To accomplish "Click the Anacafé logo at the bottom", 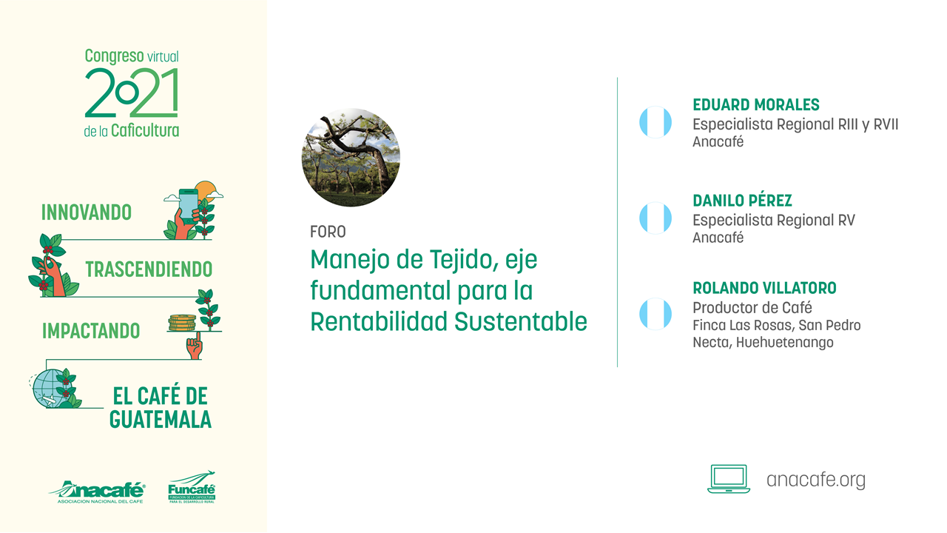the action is pos(97,492).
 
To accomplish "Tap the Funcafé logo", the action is pos(192,487).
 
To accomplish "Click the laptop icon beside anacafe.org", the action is pos(729,479).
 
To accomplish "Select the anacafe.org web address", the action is pos(816,480).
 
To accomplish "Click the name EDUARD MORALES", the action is pos(756,104).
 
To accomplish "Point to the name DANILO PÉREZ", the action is pos(742,201).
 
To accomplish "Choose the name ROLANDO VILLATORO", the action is pos(764,288).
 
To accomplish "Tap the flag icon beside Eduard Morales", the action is pos(656,122).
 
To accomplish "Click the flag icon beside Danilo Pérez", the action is pos(656,218).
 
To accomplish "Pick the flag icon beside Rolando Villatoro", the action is pos(656,314).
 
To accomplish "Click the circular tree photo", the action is pos(351,158).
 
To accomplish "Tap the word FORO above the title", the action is pos(328,232).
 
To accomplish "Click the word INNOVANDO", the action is pos(87,212).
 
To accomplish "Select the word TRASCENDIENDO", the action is pos(149,269).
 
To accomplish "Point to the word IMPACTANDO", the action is pos(91,331).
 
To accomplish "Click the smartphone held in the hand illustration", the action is pos(188,204).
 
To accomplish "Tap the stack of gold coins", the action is pos(182,323).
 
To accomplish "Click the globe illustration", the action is pos(50,388).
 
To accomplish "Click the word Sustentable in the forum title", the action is pos(521,321).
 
